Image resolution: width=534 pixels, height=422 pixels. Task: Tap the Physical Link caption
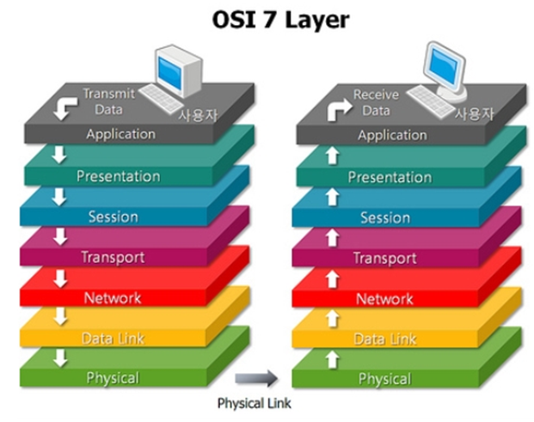[x=254, y=402]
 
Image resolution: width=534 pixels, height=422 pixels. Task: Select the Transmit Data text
[x=102, y=101]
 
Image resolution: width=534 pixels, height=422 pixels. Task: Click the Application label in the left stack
[x=120, y=134]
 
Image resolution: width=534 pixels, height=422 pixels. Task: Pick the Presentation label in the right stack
[x=390, y=177]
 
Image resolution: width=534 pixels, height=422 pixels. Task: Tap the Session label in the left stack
[x=114, y=217]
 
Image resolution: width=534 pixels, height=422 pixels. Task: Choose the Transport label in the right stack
[x=384, y=258]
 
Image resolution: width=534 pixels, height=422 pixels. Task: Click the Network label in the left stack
[x=113, y=298]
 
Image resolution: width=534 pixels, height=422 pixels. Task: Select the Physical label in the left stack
[x=113, y=377]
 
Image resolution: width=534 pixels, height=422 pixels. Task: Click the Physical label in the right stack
[x=384, y=379]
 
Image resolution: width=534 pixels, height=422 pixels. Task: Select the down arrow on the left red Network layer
[x=59, y=278]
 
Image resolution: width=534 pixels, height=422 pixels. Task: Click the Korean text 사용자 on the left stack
[x=197, y=114]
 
